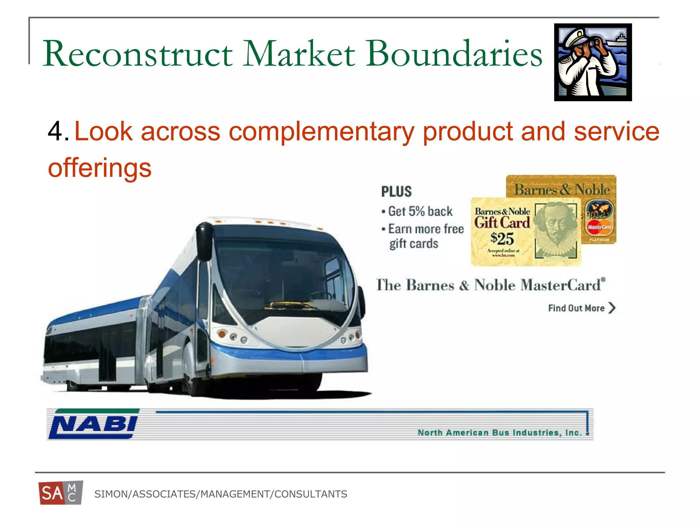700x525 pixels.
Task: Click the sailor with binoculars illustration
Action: point(593,62)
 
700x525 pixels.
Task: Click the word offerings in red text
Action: point(99,168)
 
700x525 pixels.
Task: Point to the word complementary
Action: point(321,132)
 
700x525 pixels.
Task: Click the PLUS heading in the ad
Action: point(396,191)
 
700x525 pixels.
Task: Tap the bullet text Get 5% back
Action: point(420,211)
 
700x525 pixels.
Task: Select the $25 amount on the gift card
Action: point(502,238)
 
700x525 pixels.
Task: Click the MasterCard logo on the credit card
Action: point(599,227)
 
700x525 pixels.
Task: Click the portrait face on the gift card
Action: point(556,226)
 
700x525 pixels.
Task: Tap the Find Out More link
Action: point(576,308)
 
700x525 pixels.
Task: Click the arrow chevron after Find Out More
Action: point(612,308)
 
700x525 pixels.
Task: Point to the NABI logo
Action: point(93,424)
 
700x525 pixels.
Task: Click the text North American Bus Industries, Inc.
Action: point(499,433)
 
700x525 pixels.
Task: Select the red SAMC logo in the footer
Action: point(60,493)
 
